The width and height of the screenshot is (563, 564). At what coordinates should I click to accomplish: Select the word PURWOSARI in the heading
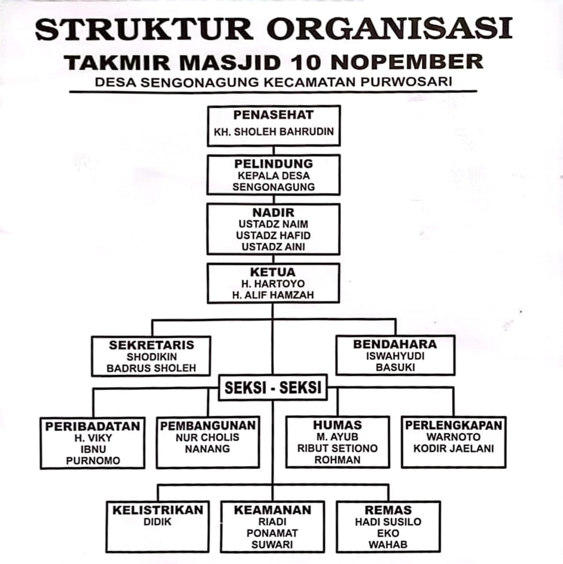(406, 82)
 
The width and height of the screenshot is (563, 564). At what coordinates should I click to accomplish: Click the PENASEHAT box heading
(274, 115)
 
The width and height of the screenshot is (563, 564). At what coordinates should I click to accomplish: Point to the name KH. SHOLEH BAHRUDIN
(274, 132)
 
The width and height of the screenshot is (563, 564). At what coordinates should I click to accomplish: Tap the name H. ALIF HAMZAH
(273, 295)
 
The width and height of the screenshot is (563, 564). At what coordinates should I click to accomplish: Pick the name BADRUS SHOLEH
(151, 368)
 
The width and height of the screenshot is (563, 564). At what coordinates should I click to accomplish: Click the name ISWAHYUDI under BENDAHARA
(395, 356)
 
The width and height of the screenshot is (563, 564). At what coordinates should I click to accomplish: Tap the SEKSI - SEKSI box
(273, 388)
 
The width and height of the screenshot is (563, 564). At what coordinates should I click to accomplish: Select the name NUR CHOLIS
(207, 437)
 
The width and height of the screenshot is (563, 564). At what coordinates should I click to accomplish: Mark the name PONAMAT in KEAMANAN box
(272, 533)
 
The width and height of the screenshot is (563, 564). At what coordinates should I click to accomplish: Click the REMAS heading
(388, 510)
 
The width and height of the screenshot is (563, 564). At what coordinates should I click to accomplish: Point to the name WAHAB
(388, 544)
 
